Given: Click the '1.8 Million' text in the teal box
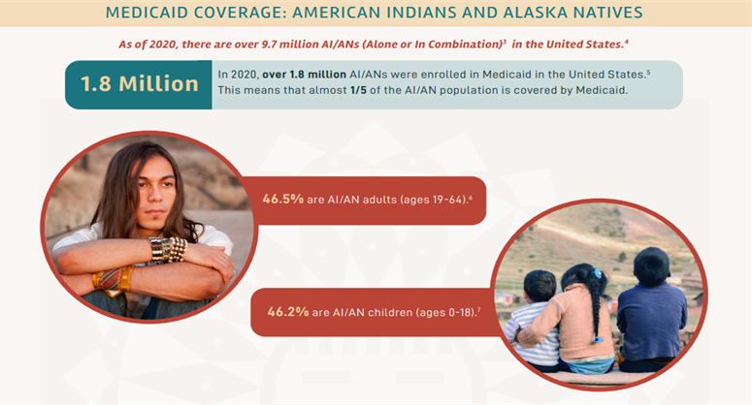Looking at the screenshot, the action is (x=140, y=83).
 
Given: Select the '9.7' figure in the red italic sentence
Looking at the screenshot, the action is (x=269, y=45).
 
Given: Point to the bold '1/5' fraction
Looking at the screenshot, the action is (x=358, y=90).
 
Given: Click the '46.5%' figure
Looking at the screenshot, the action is (x=283, y=200).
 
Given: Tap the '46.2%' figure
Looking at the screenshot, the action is (x=288, y=312).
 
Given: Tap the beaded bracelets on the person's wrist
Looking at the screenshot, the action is (x=168, y=249).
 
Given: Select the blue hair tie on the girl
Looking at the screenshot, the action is (x=597, y=274).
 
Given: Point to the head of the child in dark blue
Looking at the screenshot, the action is (x=651, y=266).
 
